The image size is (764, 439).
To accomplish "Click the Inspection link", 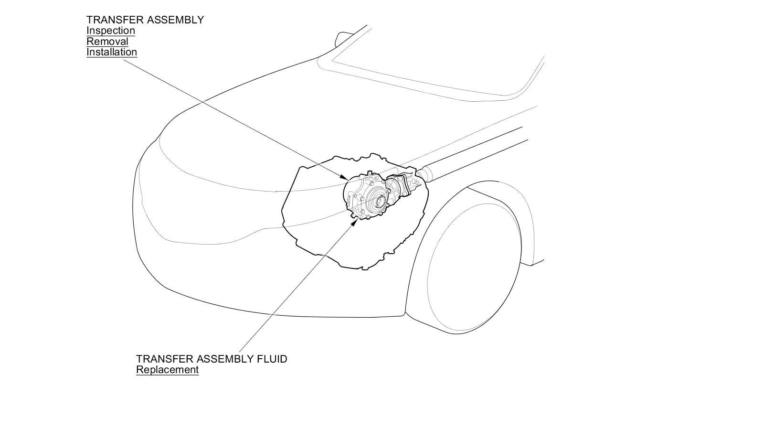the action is pyautogui.click(x=110, y=31).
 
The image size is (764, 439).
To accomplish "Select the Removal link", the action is pyautogui.click(x=107, y=42).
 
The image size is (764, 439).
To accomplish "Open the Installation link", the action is pyautogui.click(x=112, y=52).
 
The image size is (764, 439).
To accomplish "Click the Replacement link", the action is pyautogui.click(x=167, y=370).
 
